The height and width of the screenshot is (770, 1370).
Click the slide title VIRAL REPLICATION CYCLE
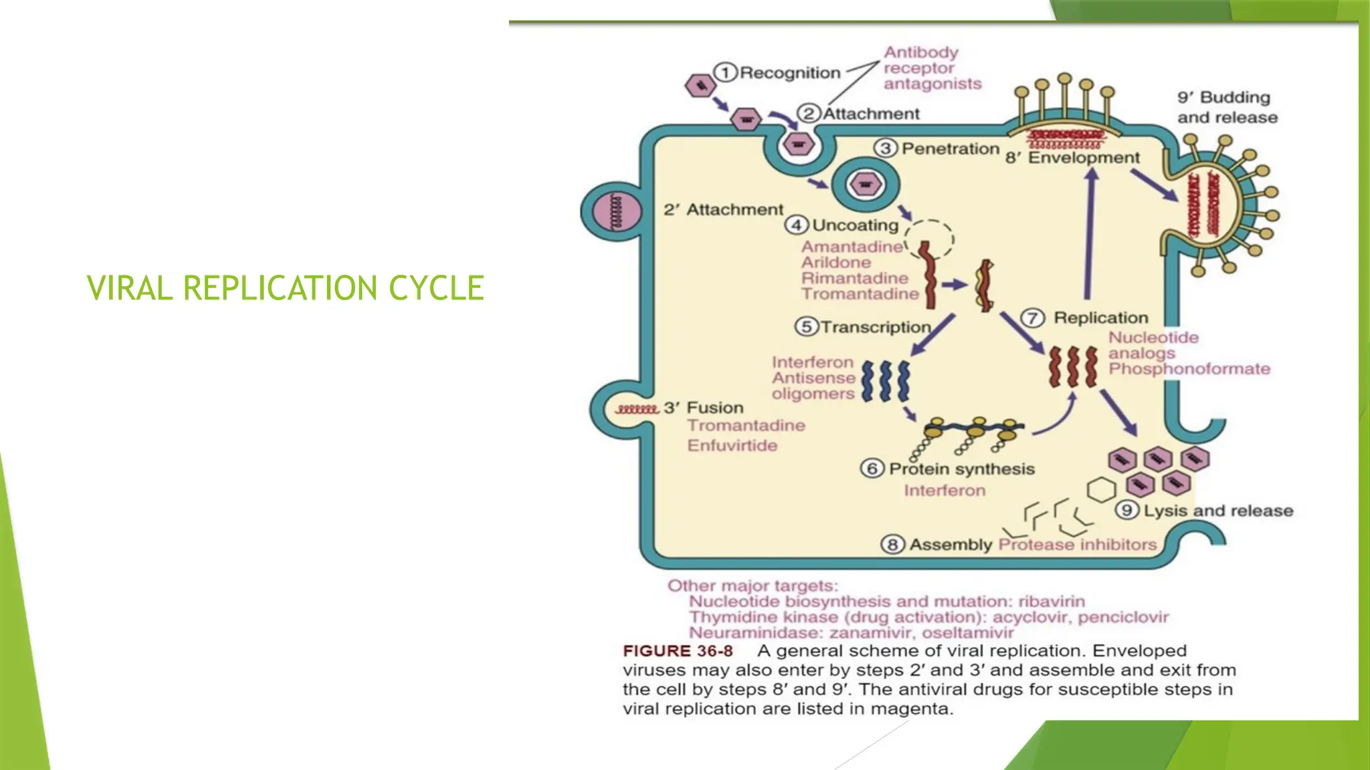(285, 288)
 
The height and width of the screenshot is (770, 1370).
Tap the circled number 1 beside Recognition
(725, 72)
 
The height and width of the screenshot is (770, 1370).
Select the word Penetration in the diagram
(950, 148)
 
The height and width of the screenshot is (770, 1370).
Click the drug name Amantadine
(852, 247)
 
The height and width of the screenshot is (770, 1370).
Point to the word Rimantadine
(854, 278)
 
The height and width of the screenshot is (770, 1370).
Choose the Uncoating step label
(855, 225)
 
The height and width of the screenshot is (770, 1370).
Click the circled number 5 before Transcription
(806, 326)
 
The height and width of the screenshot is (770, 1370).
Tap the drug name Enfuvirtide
(732, 445)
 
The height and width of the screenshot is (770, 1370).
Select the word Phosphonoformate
(1189, 369)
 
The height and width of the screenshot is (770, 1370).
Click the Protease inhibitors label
(1077, 545)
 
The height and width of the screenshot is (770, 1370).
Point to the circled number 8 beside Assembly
(892, 545)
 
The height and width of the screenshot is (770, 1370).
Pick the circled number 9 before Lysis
(1127, 511)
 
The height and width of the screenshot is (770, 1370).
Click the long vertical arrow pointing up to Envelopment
(1090, 234)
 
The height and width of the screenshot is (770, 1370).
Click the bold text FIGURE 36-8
(677, 651)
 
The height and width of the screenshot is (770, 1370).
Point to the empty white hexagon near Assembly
(1100, 490)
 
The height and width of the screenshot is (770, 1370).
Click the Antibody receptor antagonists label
(932, 68)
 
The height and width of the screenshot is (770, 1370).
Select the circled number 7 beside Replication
(1032, 317)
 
